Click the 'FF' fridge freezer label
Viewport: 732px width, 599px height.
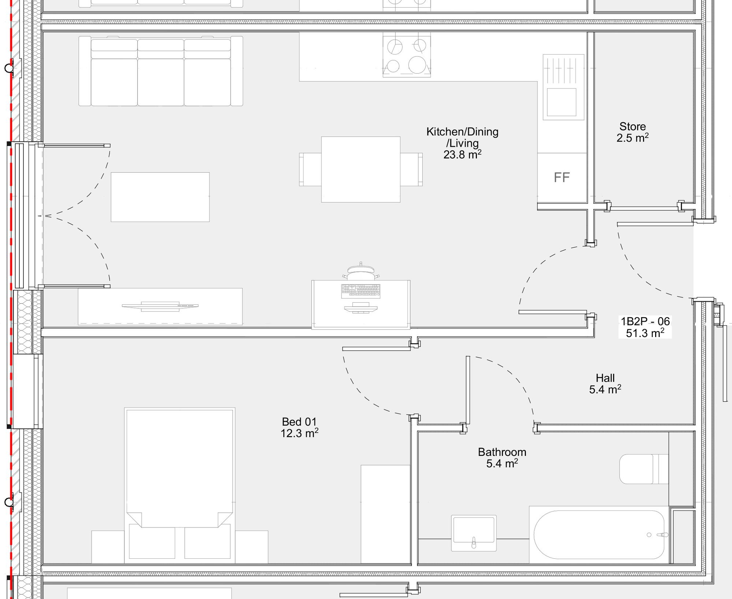[x=562, y=177]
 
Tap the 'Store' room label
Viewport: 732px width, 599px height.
[x=632, y=127]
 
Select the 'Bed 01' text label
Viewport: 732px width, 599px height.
[x=299, y=422]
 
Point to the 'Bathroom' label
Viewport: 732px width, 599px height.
[x=502, y=452]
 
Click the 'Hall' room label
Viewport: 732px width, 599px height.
[x=605, y=378]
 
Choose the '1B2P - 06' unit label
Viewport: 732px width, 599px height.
[x=645, y=322]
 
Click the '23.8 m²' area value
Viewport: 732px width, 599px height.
[x=462, y=154]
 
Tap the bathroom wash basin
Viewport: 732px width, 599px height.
[x=474, y=533]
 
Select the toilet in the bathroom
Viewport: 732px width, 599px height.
[x=644, y=469]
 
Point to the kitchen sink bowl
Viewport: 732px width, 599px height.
[x=561, y=102]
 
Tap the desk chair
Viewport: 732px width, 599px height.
[x=361, y=273]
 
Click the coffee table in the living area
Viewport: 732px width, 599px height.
[x=160, y=197]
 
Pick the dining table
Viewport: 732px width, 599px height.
[x=361, y=169]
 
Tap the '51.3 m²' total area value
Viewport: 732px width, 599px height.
[x=645, y=333]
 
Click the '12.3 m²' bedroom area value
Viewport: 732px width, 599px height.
[x=299, y=433]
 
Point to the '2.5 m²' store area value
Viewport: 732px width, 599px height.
[x=632, y=138]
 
